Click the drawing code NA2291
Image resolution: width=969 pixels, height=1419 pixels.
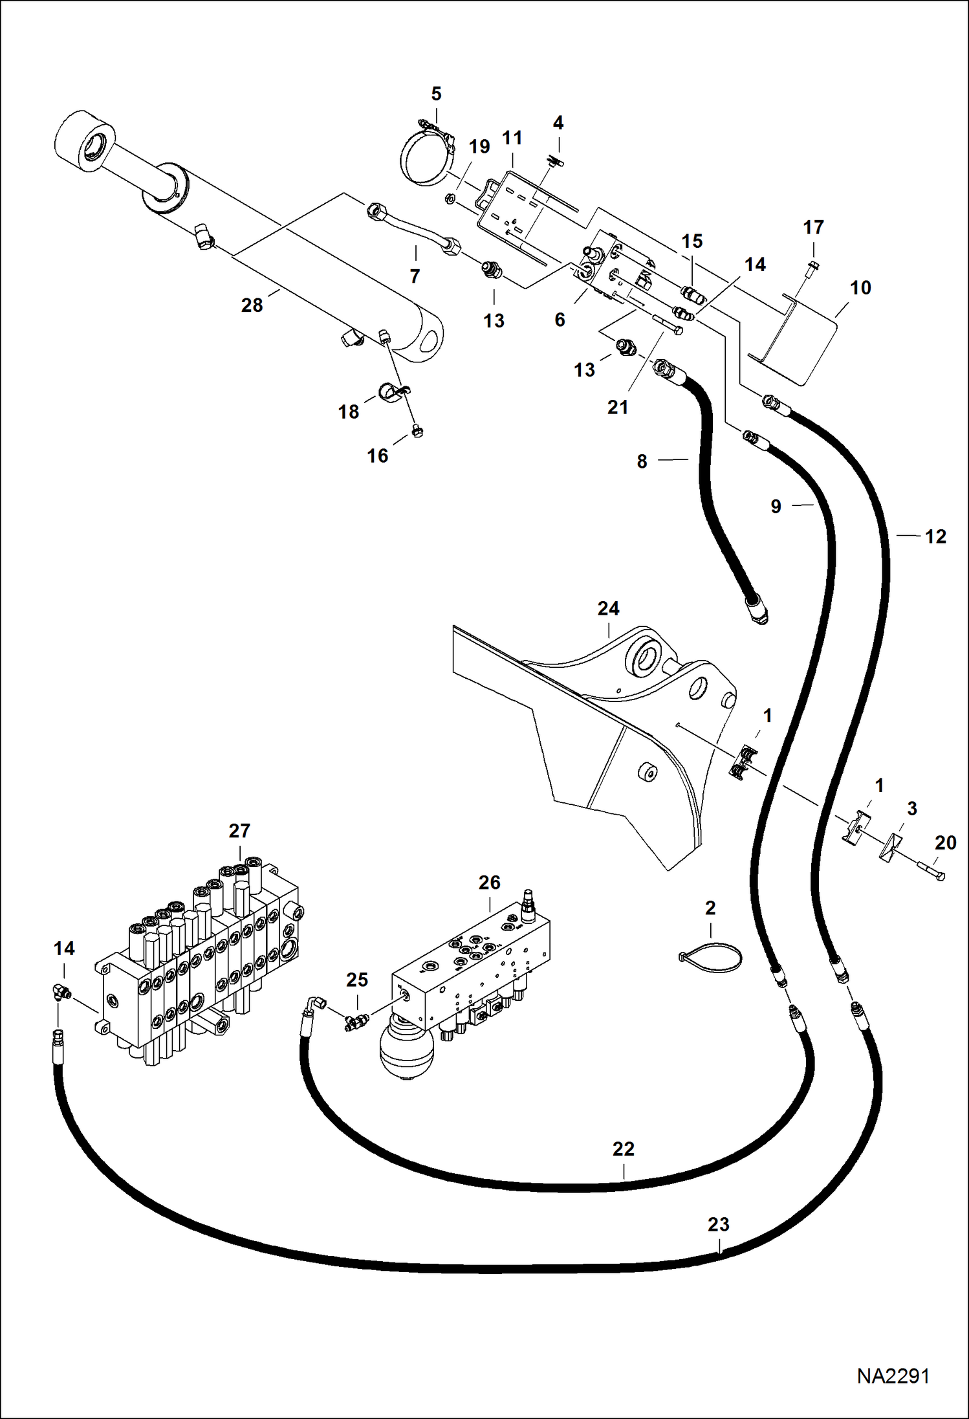pyautogui.click(x=893, y=1376)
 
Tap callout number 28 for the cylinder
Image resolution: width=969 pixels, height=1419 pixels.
pyautogui.click(x=252, y=305)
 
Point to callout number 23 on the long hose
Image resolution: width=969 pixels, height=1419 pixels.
pyautogui.click(x=718, y=1224)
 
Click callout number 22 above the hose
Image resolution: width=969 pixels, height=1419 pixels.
pyautogui.click(x=623, y=1149)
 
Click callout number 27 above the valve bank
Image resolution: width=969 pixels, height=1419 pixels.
pyautogui.click(x=239, y=830)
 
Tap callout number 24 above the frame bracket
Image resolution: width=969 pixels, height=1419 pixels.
pyautogui.click(x=607, y=608)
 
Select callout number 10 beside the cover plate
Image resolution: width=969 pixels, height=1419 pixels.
pyautogui.click(x=860, y=287)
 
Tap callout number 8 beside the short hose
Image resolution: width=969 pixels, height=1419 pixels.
pyautogui.click(x=641, y=461)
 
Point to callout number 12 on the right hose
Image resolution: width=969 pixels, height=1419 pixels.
pyautogui.click(x=935, y=536)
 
